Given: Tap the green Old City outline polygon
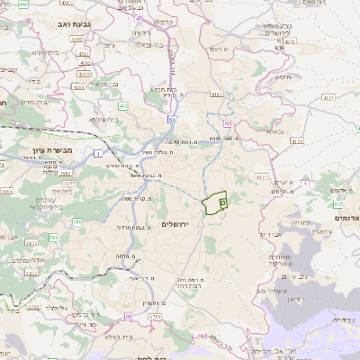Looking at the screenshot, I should click(213, 204).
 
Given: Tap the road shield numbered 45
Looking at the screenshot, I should click(139, 18).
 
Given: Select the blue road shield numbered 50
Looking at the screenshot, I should click(171, 119).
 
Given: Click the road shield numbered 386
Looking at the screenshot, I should click(76, 220).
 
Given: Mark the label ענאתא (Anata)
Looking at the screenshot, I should click(274, 131).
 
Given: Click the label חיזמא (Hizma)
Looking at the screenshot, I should click(282, 76).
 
